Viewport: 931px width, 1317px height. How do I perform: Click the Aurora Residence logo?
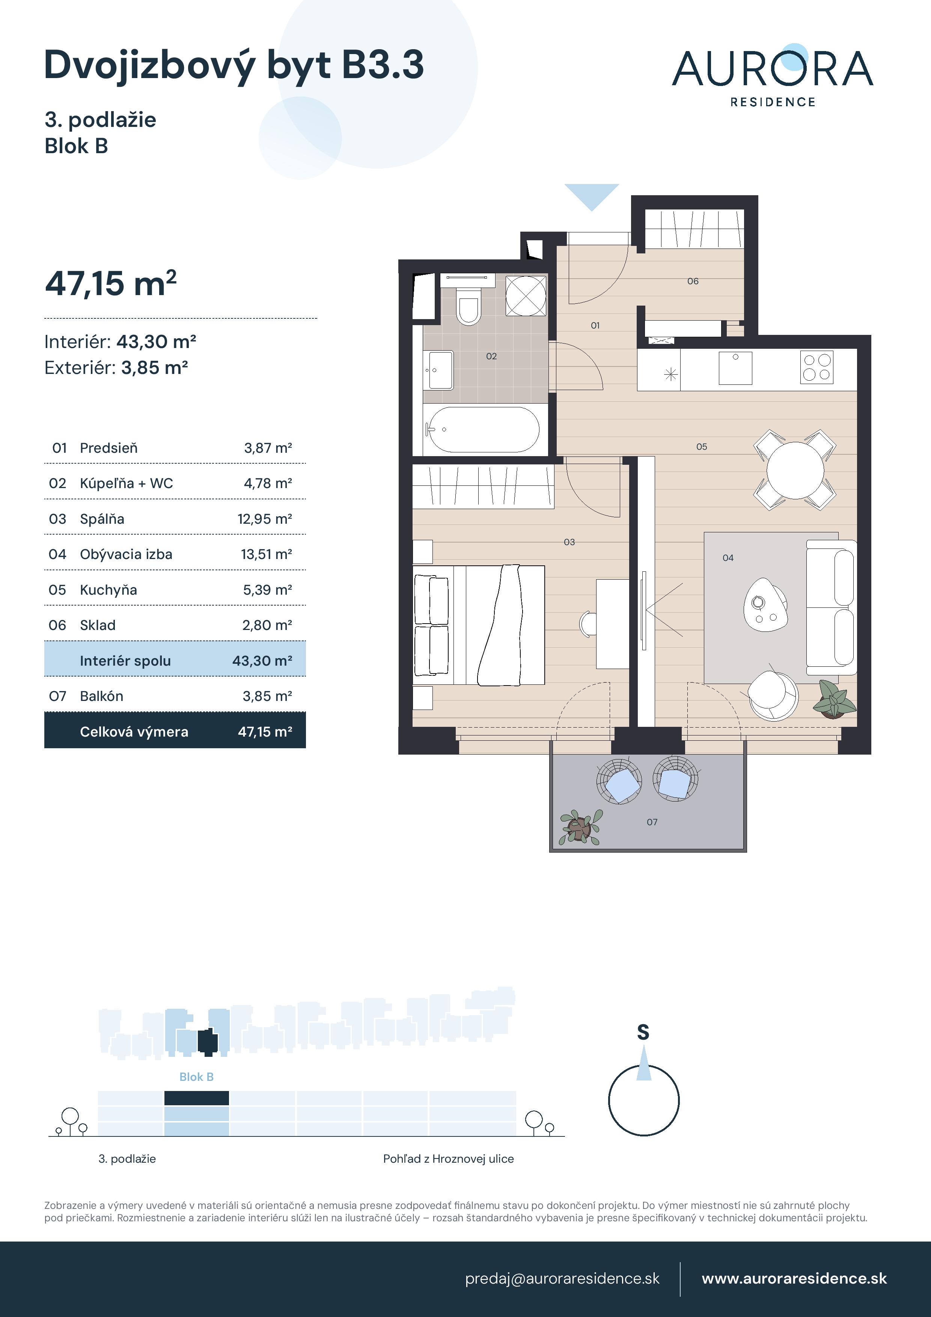click(772, 75)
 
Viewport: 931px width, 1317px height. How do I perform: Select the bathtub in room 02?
click(484, 429)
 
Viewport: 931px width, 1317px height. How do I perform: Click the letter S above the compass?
click(643, 1032)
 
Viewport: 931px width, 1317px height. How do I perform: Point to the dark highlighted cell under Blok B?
click(196, 1098)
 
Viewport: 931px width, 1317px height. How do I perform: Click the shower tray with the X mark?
click(526, 296)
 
